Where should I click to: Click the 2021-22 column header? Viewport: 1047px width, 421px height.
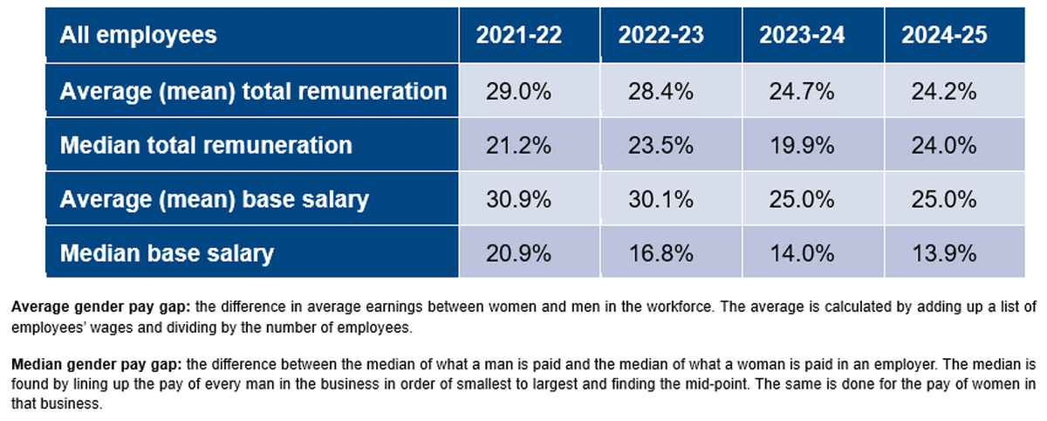point(518,36)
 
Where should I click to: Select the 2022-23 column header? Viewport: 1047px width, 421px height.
point(660,36)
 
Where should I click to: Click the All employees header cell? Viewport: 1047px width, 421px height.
point(138,36)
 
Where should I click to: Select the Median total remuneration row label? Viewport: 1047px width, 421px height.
point(206,145)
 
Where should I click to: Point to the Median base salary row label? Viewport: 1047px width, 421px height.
point(167,253)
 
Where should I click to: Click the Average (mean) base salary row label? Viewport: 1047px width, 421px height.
point(214,199)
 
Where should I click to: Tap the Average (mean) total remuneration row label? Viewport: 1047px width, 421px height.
point(253,91)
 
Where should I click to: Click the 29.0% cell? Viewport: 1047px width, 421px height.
point(518,91)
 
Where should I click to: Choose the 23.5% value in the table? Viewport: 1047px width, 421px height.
point(660,145)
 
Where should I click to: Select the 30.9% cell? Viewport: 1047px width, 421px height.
point(518,199)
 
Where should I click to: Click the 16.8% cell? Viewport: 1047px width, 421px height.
point(660,253)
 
